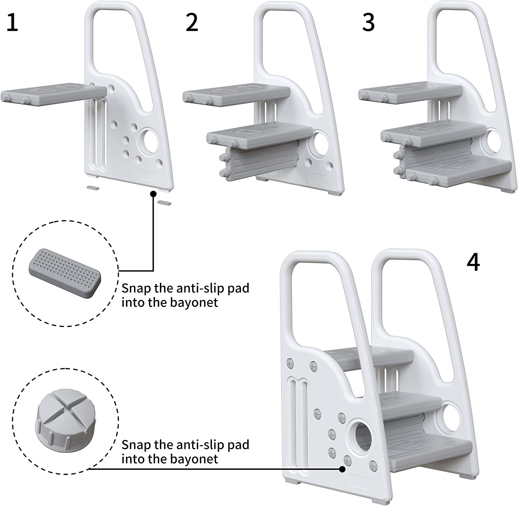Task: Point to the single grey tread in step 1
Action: (x=52, y=93)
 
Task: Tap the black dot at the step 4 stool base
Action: (x=342, y=469)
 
